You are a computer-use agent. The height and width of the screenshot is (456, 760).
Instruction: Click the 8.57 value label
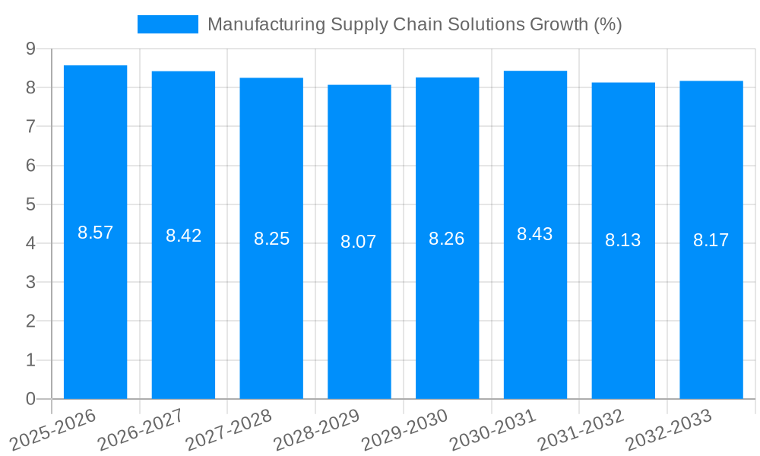coord(95,233)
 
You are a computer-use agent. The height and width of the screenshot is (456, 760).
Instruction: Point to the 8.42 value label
coord(183,236)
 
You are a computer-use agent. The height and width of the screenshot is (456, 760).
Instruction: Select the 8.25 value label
coord(271,239)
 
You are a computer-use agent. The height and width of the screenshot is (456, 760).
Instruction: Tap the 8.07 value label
coord(359,242)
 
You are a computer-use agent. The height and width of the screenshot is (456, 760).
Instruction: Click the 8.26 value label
coord(447,239)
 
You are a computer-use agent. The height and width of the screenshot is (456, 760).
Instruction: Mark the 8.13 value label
coord(623,240)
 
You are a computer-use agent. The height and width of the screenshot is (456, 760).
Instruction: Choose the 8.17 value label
coord(711,240)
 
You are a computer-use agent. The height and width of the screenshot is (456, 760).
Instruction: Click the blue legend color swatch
coord(167,24)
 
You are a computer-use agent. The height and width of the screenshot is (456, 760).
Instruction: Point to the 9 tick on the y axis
coord(30,49)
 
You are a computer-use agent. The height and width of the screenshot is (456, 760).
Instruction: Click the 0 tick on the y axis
coord(30,399)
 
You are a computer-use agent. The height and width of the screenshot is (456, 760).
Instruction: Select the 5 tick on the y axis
coord(30,204)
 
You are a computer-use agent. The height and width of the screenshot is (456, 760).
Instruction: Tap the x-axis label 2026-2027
coord(141,430)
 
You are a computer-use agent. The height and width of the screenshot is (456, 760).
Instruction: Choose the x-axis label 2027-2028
coord(229,430)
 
